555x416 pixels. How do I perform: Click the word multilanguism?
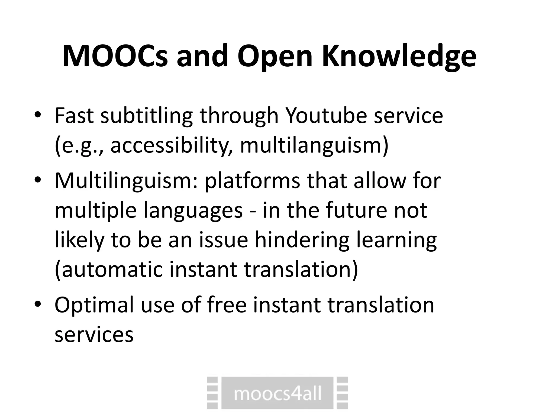click(314, 146)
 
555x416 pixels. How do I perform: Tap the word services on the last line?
click(94, 335)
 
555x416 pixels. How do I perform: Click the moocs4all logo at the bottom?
click(277, 393)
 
